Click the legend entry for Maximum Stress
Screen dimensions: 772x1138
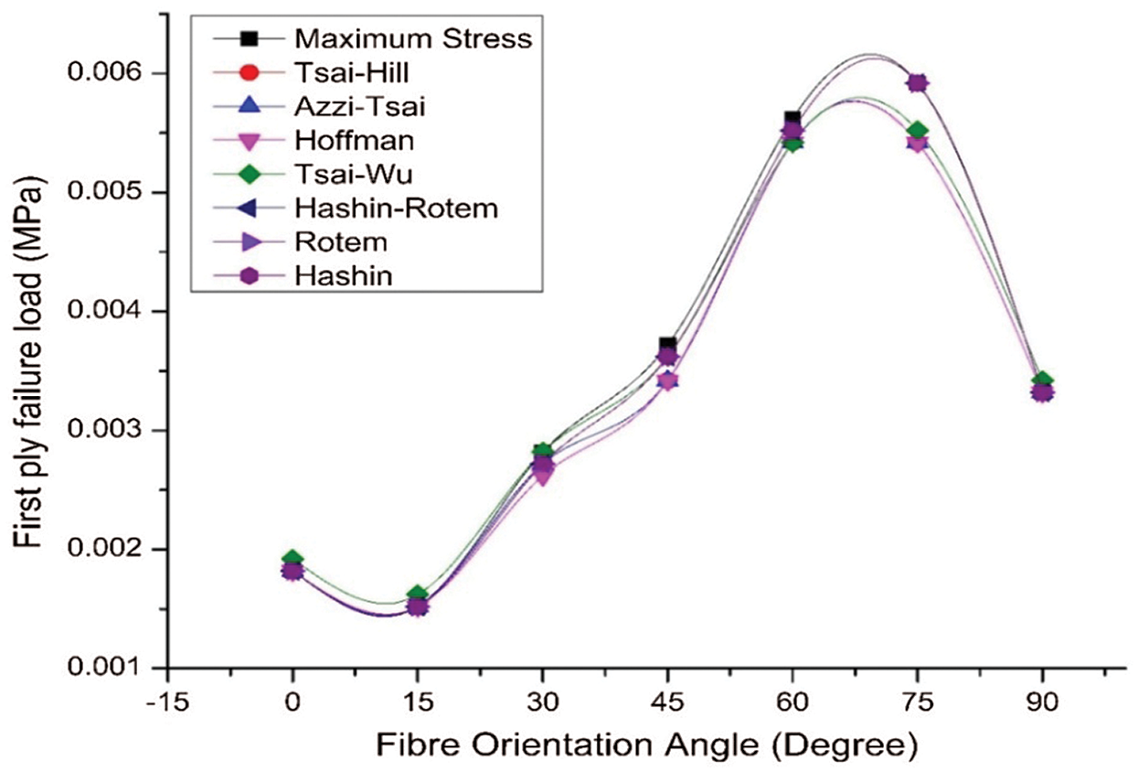tap(412, 39)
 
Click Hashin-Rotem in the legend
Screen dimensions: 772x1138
tap(396, 208)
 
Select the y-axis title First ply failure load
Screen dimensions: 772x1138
tap(29, 364)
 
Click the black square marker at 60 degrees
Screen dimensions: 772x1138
tap(792, 119)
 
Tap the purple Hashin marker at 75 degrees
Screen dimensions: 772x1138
tap(918, 83)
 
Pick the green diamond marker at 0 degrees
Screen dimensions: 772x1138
tap(292, 558)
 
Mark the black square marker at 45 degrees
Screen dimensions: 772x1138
tap(668, 344)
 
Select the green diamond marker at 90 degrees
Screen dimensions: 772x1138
tap(1043, 381)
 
